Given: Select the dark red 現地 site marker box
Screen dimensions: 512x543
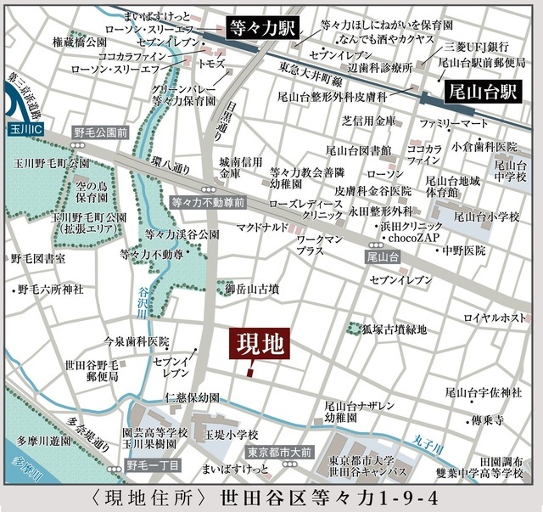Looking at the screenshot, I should click(x=260, y=346).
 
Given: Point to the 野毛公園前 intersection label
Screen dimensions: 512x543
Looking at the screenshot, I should click(x=100, y=133).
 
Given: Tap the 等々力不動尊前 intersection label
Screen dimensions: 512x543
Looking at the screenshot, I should click(x=207, y=204).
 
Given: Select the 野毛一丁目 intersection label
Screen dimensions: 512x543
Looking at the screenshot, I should click(x=152, y=465).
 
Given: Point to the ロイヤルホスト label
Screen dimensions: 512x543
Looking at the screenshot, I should click(x=495, y=318).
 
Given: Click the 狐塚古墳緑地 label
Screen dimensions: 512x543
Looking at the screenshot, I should click(x=395, y=329).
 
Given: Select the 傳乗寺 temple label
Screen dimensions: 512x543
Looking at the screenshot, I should click(x=488, y=419).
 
